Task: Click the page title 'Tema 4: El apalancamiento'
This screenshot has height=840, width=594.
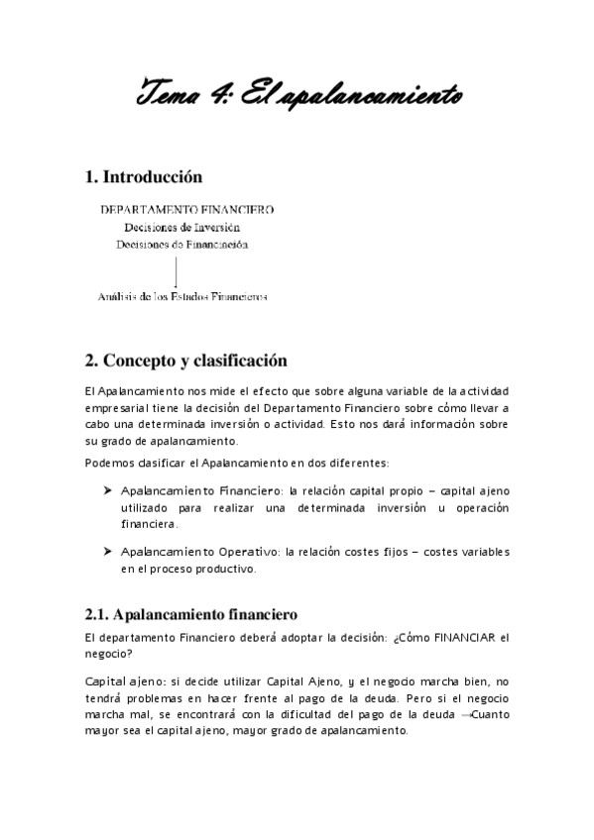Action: coord(297,96)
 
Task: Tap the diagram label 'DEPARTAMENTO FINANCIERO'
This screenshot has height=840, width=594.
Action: coord(187,209)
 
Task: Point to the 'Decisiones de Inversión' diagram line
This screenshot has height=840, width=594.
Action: coord(182,227)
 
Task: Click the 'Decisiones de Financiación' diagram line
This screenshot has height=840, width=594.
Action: coord(182,244)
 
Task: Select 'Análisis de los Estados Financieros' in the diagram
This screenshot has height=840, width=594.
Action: coord(182,295)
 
